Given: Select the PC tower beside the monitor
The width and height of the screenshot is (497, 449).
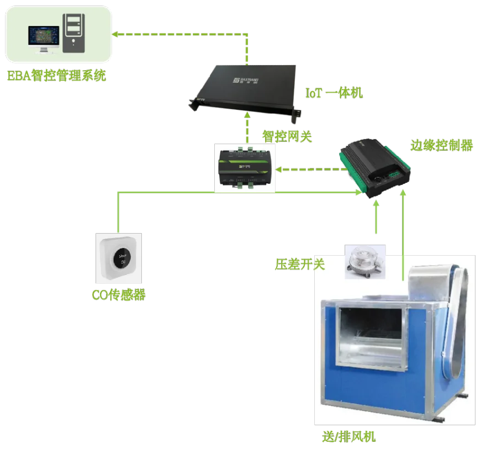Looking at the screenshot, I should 75,33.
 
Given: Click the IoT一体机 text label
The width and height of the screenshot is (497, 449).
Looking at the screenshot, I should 334,93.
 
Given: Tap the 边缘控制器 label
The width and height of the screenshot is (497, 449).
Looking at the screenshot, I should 441,145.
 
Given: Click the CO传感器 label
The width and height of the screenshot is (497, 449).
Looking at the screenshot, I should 119,295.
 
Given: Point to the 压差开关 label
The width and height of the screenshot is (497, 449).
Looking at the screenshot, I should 300,264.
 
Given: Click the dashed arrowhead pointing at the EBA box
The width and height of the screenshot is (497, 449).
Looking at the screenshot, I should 117,35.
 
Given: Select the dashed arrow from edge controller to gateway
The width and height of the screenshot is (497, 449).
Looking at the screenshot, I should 309,169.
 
